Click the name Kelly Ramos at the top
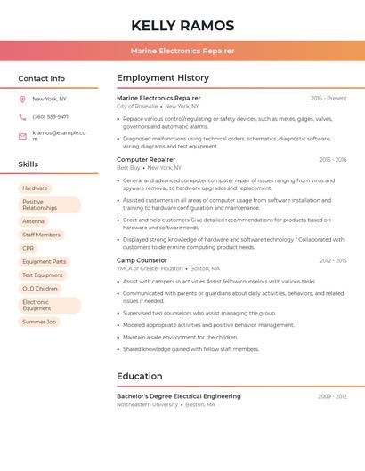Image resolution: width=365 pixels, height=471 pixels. (182, 26)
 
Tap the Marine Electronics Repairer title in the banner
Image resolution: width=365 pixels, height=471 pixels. (182, 51)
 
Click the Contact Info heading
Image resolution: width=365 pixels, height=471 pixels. (42, 78)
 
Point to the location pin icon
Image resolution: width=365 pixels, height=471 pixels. (22, 100)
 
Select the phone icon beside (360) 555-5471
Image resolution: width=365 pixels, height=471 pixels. (22, 116)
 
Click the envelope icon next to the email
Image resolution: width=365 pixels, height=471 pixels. (22, 136)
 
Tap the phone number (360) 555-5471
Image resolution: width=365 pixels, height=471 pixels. (50, 116)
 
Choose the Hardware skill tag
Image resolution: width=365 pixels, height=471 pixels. (35, 188)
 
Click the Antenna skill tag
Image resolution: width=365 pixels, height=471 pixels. (34, 221)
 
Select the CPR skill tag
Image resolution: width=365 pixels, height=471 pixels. (28, 248)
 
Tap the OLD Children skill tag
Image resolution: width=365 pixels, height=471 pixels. (40, 289)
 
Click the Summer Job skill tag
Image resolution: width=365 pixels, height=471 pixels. (39, 322)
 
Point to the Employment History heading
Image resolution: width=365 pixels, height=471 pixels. (163, 78)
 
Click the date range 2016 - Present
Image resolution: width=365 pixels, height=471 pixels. (328, 98)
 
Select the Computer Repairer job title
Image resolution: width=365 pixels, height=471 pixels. (146, 159)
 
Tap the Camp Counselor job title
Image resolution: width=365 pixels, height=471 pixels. (142, 260)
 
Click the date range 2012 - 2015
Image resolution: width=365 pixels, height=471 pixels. (333, 260)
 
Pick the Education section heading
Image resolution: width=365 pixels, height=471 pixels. (140, 376)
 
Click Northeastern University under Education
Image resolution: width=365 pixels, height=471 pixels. (147, 404)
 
